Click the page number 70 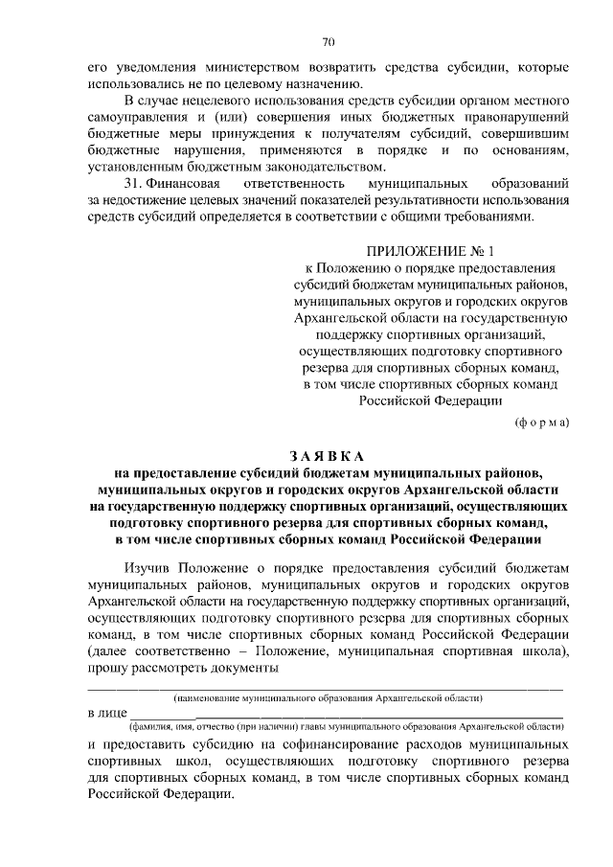[328, 41]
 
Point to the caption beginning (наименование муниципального [327, 698]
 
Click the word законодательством [293, 165]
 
